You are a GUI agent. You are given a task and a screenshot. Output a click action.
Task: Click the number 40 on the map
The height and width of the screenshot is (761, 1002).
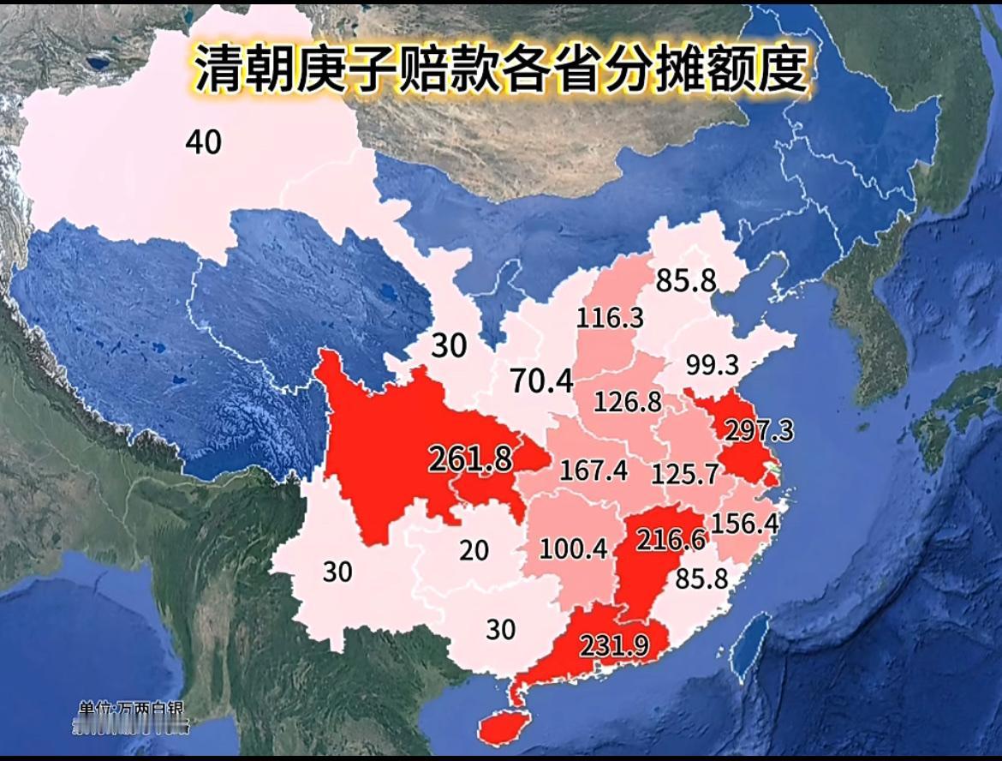point(203,142)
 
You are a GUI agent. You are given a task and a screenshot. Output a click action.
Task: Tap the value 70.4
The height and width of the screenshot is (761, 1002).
point(541,381)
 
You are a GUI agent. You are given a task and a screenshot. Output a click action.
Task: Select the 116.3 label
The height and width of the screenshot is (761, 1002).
point(610,319)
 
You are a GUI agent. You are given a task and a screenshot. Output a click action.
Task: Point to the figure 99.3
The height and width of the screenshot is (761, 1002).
point(712,366)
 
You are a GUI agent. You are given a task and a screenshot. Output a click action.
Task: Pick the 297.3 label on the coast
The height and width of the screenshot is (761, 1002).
point(759,431)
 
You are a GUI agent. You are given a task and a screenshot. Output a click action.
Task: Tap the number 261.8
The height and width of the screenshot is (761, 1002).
point(470,459)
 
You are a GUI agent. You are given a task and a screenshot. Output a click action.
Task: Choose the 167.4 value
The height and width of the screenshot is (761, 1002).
point(593,470)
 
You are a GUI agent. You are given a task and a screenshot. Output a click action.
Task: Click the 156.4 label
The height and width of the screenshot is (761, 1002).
point(745,524)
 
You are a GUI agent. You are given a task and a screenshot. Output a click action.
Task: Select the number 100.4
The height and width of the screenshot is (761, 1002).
point(574,548)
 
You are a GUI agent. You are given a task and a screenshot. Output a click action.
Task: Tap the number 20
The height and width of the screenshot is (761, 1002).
point(474,550)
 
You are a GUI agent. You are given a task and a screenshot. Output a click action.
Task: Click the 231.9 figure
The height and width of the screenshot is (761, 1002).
point(614,644)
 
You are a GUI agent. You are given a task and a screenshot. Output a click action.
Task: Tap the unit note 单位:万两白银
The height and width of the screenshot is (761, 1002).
point(131,710)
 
